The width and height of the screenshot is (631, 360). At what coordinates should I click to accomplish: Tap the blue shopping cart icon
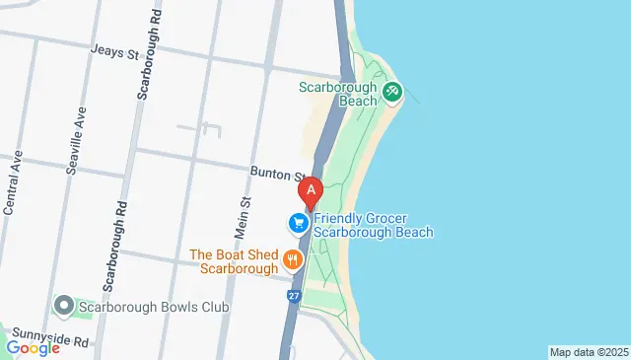pyautogui.click(x=297, y=224)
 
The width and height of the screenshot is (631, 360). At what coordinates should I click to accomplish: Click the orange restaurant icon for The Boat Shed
pyautogui.click(x=292, y=260)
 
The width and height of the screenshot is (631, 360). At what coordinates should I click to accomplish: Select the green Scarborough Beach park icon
pyautogui.click(x=392, y=92)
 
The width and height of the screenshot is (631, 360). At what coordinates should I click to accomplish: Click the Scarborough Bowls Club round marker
pyautogui.click(x=64, y=307)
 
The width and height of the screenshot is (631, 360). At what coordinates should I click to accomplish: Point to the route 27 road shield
pyautogui.click(x=294, y=295)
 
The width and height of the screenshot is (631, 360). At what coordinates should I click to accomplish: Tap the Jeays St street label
pyautogui.click(x=113, y=51)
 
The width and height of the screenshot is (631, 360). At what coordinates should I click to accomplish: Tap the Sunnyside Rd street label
pyautogui.click(x=46, y=340)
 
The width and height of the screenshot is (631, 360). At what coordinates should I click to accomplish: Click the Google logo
pyautogui.click(x=33, y=347)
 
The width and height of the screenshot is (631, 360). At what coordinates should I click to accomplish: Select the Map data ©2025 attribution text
pyautogui.click(x=589, y=352)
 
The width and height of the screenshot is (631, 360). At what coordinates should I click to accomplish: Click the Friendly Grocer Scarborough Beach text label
pyautogui.click(x=374, y=225)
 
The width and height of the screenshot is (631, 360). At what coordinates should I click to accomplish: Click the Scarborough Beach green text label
pyautogui.click(x=338, y=93)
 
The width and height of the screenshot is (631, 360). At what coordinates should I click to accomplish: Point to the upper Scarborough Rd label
pyautogui.click(x=145, y=59)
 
